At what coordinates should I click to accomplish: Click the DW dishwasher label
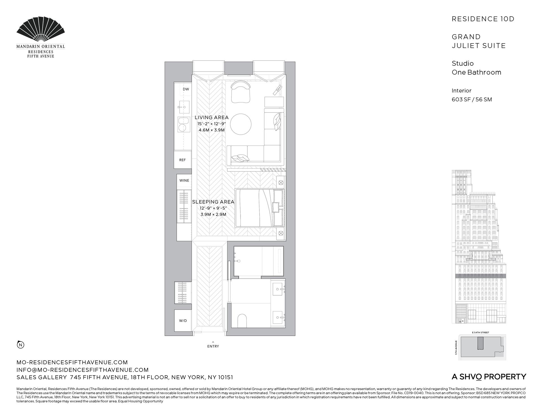click(x=186, y=89)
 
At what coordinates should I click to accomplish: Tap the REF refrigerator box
click(x=182, y=160)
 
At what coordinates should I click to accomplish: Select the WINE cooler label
click(x=184, y=180)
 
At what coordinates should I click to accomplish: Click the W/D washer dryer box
click(x=183, y=321)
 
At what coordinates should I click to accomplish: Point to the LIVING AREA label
click(x=211, y=117)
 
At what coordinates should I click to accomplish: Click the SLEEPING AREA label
click(x=213, y=202)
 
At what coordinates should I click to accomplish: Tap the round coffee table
click(x=241, y=124)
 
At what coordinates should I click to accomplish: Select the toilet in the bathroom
click(x=242, y=320)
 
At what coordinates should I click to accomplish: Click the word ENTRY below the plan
click(x=213, y=346)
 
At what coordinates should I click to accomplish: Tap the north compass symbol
click(x=21, y=345)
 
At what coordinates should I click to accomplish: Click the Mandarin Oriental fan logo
click(x=41, y=30)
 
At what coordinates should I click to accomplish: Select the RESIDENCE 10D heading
click(x=483, y=19)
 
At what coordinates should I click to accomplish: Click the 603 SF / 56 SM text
click(x=471, y=99)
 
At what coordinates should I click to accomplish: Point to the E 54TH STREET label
click(x=480, y=333)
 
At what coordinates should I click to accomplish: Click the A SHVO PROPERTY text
click(x=489, y=377)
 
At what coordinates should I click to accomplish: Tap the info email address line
click(x=82, y=370)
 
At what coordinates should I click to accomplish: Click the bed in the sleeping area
click(x=258, y=208)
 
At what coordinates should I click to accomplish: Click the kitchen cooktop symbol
click(x=183, y=125)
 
